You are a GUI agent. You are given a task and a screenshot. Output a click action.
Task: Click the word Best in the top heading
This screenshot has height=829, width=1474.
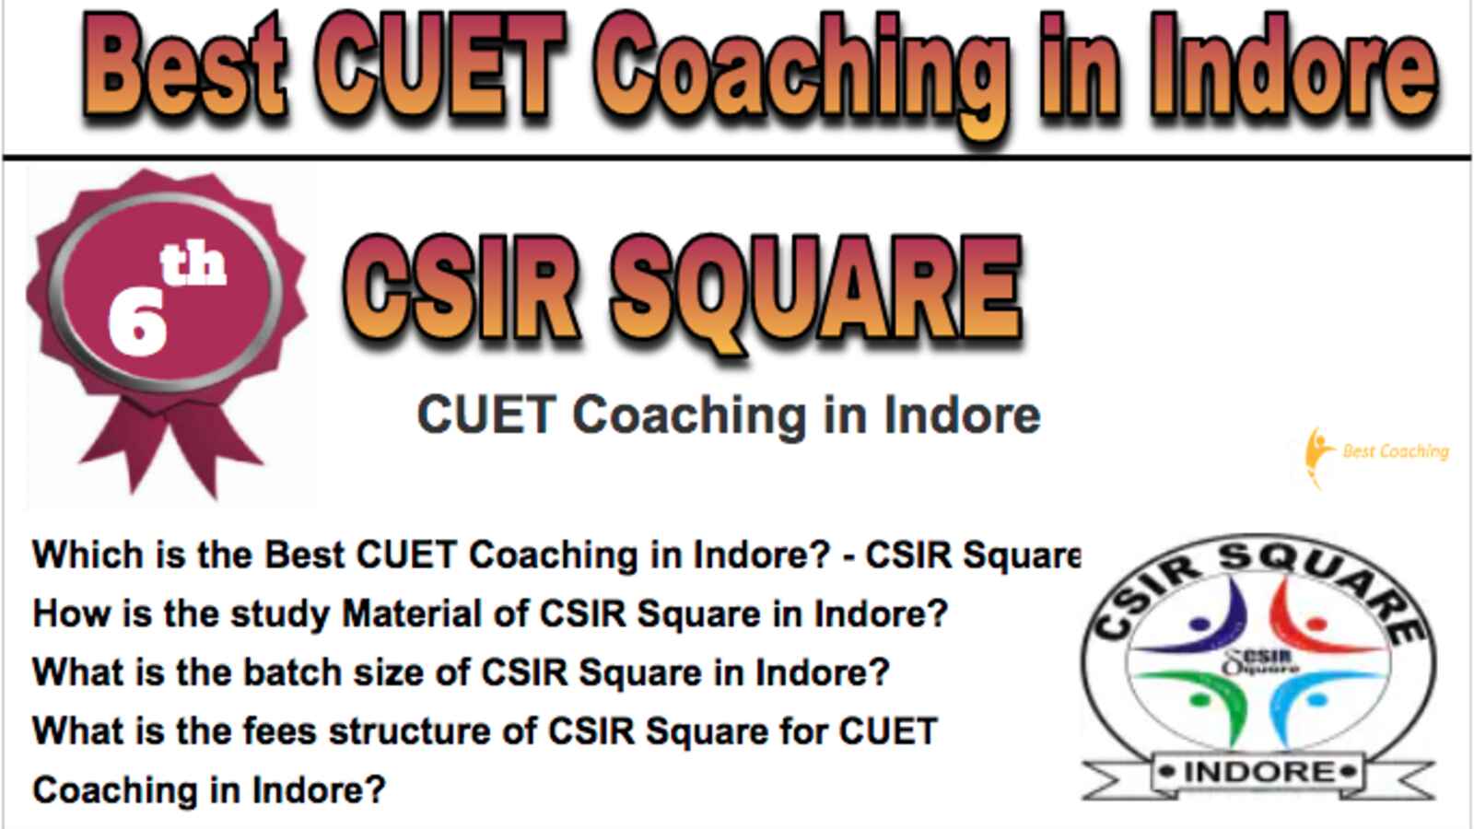point(185,68)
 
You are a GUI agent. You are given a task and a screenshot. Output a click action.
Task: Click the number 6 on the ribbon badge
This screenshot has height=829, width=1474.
point(137,323)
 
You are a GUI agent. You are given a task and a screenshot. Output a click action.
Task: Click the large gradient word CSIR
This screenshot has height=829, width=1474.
point(462,289)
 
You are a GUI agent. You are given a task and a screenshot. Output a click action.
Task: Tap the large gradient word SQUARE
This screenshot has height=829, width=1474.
point(816,293)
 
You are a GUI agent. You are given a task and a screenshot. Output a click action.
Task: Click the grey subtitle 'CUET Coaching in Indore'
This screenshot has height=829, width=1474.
point(729,415)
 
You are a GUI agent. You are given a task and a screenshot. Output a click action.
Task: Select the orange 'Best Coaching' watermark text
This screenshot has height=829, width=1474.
point(1396,452)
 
